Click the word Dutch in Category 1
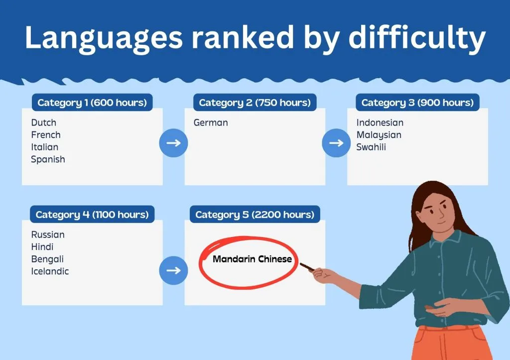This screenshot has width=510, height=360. click(44, 122)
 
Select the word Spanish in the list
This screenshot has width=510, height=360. click(48, 159)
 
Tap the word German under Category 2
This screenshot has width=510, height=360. click(211, 122)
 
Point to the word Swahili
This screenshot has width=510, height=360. click(371, 147)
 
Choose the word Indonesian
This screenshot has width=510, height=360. click(380, 122)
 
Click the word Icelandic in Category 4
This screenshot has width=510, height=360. click(50, 271)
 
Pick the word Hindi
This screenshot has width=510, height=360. click(42, 247)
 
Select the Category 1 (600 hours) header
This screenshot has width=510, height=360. click(92, 103)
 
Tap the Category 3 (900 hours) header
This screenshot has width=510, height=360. click(417, 103)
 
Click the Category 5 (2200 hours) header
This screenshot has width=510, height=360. click(255, 214)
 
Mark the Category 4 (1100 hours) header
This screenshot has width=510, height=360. click(92, 214)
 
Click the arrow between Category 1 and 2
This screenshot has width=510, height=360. click(173, 143)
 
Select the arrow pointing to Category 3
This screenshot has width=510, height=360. click(336, 143)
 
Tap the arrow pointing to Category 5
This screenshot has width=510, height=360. click(173, 270)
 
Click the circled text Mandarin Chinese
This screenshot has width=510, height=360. click(252, 259)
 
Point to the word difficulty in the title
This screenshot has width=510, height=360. click(417, 37)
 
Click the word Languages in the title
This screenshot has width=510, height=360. click(104, 38)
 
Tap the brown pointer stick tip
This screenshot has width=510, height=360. click(300, 264)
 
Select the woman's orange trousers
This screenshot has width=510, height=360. click(452, 344)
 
